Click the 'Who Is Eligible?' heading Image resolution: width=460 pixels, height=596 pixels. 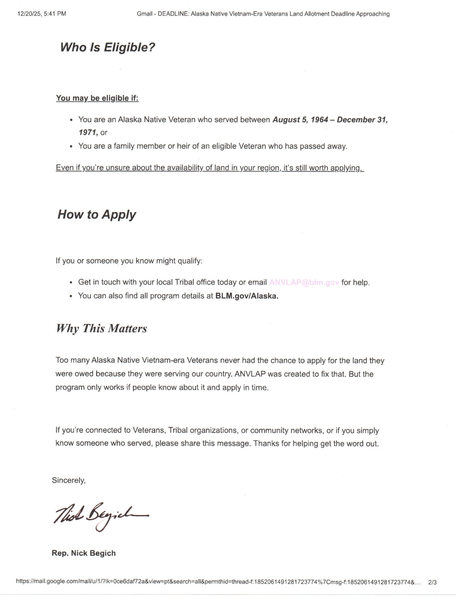tap(107, 47)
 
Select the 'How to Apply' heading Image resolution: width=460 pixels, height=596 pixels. tap(97, 215)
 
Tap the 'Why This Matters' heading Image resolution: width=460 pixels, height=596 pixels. tap(101, 328)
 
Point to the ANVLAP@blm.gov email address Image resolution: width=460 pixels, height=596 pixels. tap(304, 282)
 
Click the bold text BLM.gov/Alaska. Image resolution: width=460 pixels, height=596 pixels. tap(247, 296)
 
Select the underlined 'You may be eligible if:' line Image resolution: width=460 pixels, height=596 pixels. tap(97, 98)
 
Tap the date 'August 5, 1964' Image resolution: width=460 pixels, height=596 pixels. tap(300, 119)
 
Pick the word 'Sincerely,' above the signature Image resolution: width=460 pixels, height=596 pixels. tap(69, 480)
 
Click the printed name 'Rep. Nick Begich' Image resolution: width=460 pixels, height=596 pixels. tap(84, 553)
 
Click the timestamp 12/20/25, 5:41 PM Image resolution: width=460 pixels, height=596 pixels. tap(42, 14)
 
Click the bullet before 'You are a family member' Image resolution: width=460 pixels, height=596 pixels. tap(71, 147)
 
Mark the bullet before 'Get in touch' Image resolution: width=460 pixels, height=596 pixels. tap(71, 283)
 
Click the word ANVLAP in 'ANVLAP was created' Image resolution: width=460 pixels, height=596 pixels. tap(250, 374)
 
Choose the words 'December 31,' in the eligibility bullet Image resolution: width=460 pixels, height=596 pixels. tap(362, 119)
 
